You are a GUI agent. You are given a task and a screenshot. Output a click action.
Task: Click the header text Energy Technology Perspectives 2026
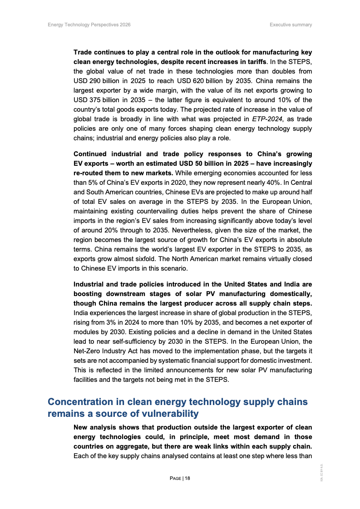89,25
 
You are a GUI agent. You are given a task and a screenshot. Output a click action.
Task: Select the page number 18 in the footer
187,478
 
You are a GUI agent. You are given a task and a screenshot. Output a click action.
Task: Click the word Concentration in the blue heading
79,402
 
